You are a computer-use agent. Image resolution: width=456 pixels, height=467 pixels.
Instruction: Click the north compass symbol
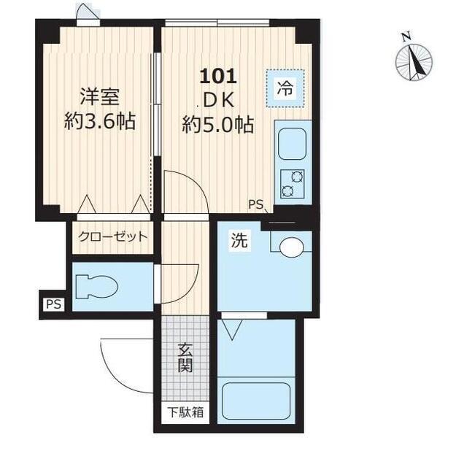pyautogui.click(x=414, y=61)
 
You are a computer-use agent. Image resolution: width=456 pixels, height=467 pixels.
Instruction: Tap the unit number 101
pyautogui.click(x=217, y=76)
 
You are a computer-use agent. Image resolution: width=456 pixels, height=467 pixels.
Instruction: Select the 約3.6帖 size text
pyautogui.click(x=99, y=121)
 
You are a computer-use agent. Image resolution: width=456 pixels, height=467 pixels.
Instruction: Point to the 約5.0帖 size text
pyautogui.click(x=217, y=125)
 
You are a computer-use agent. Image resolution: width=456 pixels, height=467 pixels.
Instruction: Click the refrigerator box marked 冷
pyautogui.click(x=285, y=89)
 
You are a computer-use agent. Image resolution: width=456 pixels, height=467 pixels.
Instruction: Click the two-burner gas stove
pyautogui.click(x=292, y=183)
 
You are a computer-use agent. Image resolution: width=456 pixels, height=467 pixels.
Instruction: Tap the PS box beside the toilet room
pyautogui.click(x=53, y=304)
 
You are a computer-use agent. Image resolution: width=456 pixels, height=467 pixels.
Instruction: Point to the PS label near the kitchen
pyautogui.click(x=255, y=204)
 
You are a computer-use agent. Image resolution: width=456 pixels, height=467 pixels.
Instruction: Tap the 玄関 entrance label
pyautogui.click(x=185, y=358)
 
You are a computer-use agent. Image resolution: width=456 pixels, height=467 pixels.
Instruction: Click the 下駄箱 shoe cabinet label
pyautogui.click(x=185, y=412)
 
